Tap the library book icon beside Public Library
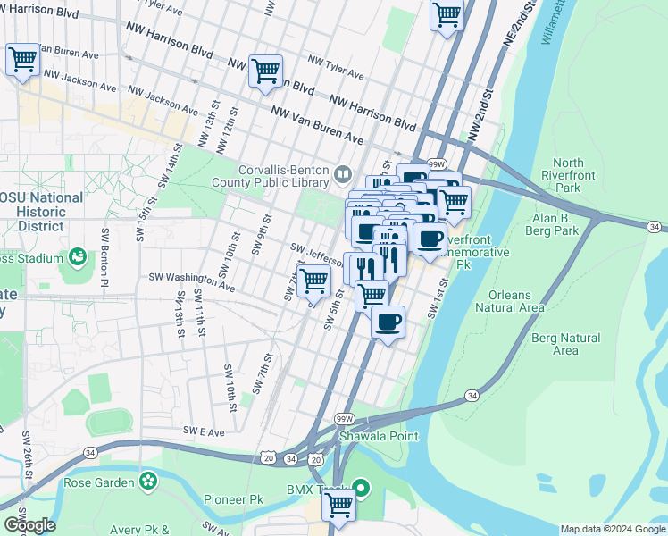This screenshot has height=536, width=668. pyautogui.click(x=343, y=172)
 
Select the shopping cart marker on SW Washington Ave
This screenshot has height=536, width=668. pyautogui.click(x=313, y=281)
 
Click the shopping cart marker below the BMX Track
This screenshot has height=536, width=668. pyautogui.click(x=339, y=505)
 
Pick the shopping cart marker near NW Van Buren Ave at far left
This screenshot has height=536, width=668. pyautogui.click(x=22, y=61)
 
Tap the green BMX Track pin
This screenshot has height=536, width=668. pyautogui.click(x=361, y=488)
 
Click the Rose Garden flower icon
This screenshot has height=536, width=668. pyautogui.click(x=148, y=483)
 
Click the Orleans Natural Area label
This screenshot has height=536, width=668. pyautogui.click(x=510, y=301)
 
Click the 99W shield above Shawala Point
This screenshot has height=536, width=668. pyautogui.click(x=344, y=418)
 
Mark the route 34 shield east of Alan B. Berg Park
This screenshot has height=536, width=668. pyautogui.click(x=656, y=228)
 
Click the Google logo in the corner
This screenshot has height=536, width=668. pyautogui.click(x=29, y=524)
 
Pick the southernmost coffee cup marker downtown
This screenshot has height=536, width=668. pyautogui.click(x=388, y=322)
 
